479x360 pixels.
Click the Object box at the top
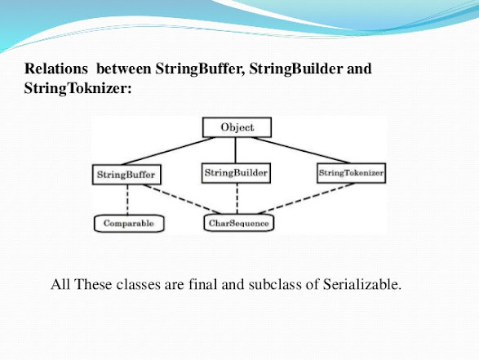point(237,128)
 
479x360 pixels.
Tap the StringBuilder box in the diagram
point(236,174)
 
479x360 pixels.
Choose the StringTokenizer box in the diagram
point(351,174)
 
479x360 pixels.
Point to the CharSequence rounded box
point(237,222)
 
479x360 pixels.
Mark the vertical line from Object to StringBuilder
point(237,150)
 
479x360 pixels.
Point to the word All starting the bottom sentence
point(61,285)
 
